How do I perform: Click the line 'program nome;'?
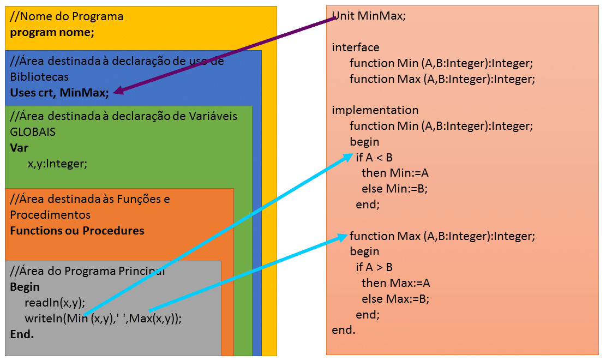[52, 32]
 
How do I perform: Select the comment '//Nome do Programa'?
[67, 16]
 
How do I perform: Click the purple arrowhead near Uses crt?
[118, 92]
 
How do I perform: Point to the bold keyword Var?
[19, 148]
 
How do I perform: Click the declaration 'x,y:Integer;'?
[57, 163]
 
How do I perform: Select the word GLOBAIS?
[33, 132]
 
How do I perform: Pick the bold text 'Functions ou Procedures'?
[77, 230]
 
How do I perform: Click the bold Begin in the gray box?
[25, 287]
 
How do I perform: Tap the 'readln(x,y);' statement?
[55, 303]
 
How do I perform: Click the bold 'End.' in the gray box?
[22, 334]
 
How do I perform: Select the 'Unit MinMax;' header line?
[369, 16]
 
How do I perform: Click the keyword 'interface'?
[356, 47]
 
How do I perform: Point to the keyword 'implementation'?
[375, 110]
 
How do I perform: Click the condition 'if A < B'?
[374, 158]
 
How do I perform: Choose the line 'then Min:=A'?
[395, 173]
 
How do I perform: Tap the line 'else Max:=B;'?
[395, 299]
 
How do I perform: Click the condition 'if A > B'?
[374, 267]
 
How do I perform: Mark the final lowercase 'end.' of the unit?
[344, 331]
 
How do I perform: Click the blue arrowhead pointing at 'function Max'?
[343, 237]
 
